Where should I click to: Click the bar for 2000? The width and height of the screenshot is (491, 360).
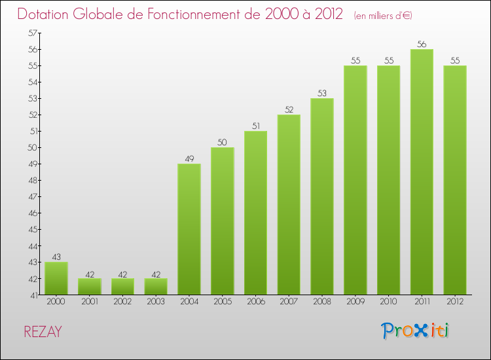[56, 278]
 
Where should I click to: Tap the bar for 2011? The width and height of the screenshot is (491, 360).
[422, 172]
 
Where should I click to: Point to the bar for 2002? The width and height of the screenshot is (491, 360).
[122, 287]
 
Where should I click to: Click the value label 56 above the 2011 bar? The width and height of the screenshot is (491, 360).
[422, 45]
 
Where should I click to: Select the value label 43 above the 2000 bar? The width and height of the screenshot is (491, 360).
[56, 257]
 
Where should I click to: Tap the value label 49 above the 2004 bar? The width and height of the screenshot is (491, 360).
[189, 159]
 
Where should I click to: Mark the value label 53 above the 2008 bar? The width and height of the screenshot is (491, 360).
[322, 94]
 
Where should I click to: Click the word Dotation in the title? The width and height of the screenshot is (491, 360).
[45, 14]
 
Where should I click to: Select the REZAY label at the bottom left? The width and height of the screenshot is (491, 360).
[43, 332]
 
